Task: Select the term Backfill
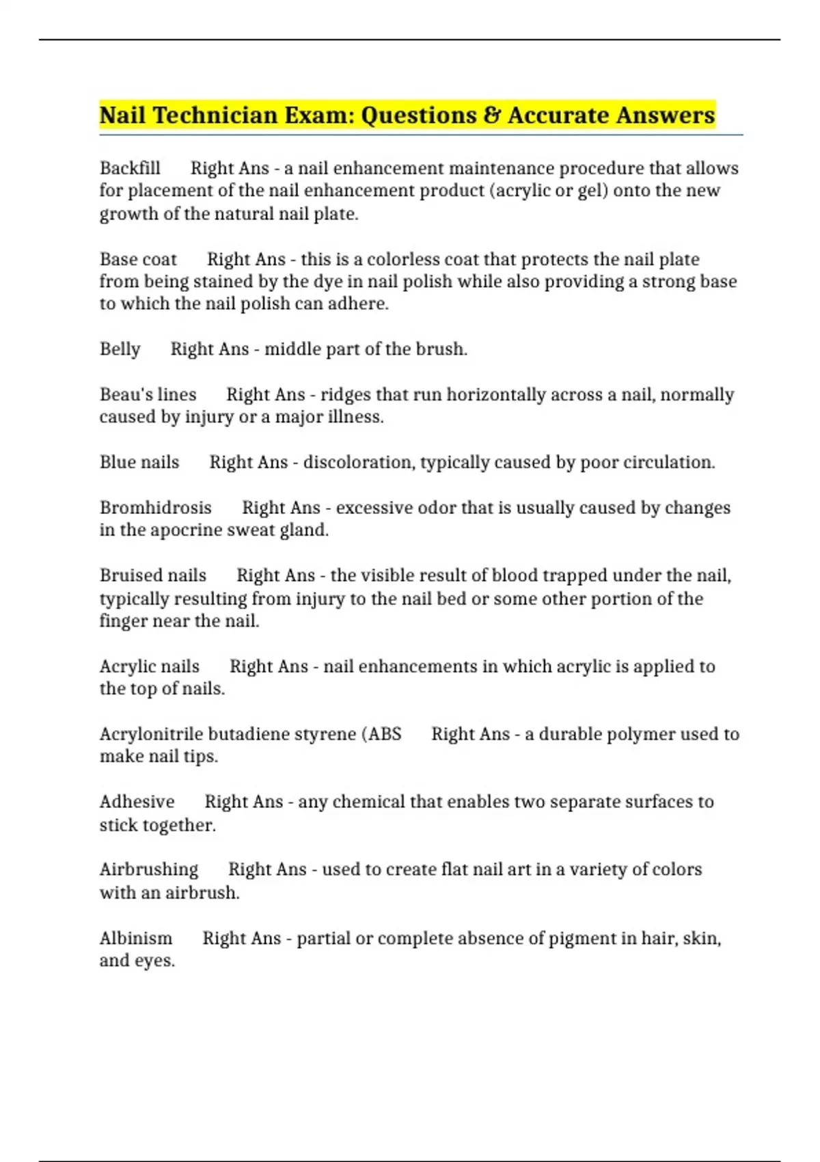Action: click(130, 168)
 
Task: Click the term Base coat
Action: click(138, 260)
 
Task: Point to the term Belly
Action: click(120, 349)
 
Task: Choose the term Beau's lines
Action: click(148, 394)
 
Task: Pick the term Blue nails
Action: click(139, 463)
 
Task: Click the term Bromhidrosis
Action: click(155, 508)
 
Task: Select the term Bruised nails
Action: click(152, 576)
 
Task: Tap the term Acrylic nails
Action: click(149, 666)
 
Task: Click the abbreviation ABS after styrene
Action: click(385, 734)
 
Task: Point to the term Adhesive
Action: click(137, 802)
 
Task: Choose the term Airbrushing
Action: click(148, 869)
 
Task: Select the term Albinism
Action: click(135, 938)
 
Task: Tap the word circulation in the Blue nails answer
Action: click(667, 463)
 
